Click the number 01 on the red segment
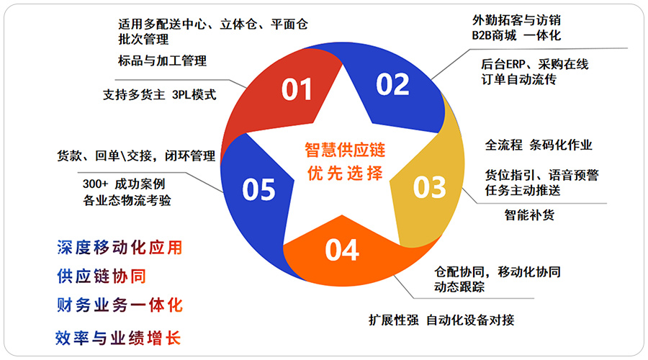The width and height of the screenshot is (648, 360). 297,89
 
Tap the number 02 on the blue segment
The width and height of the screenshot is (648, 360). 392,84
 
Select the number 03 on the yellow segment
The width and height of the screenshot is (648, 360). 429,187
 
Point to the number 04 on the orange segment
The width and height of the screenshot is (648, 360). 342,250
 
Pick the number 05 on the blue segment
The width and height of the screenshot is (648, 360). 258,189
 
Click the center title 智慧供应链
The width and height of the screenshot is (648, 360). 345,150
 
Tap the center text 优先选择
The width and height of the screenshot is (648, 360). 345,174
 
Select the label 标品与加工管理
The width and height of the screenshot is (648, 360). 163,60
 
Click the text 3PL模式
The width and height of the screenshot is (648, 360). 194,94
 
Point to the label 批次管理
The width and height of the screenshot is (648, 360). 143,40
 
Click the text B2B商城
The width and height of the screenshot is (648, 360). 494,35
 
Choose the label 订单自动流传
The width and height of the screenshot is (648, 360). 519,79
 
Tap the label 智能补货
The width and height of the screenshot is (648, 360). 529,215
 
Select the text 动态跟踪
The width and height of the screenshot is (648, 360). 459,287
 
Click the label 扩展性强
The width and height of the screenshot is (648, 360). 394,320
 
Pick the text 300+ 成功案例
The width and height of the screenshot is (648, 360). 124,184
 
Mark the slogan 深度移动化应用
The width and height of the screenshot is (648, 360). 120,248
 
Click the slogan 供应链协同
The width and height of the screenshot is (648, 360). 102,276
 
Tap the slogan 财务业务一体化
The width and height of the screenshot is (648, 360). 120,305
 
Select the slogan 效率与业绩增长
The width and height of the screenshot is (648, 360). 118,338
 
